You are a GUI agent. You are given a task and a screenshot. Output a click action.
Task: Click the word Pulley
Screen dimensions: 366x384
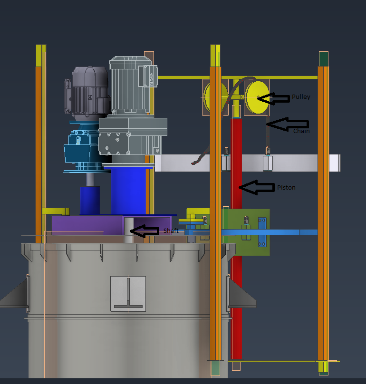[301, 97]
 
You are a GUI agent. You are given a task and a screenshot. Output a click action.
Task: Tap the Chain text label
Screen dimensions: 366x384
[301, 131]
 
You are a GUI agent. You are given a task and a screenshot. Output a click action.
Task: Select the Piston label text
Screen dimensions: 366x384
[286, 188]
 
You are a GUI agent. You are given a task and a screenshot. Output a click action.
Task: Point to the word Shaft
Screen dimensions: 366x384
[171, 230]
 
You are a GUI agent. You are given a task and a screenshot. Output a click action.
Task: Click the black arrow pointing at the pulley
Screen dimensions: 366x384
[273, 99]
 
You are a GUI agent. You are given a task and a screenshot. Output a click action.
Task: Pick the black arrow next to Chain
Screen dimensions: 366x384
[288, 124]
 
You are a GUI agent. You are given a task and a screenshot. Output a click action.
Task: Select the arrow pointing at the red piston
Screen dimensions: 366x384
[257, 188]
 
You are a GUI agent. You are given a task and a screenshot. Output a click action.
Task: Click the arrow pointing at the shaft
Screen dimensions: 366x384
[144, 231]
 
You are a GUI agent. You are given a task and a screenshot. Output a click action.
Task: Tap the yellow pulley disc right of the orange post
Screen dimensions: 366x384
[257, 97]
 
